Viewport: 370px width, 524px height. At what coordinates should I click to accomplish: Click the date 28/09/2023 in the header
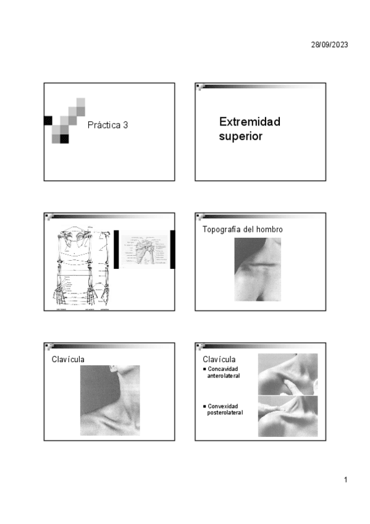click(x=329, y=44)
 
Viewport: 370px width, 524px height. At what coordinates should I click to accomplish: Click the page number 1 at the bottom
click(x=347, y=480)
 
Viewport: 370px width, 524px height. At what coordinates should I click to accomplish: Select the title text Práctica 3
click(x=107, y=125)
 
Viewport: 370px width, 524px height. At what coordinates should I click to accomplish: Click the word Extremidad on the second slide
click(x=250, y=121)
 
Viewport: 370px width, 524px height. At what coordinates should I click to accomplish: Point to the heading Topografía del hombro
click(x=243, y=229)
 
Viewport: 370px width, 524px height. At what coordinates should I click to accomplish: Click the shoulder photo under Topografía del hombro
click(x=258, y=269)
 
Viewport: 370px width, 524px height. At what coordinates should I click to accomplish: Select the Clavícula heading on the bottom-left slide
click(x=68, y=358)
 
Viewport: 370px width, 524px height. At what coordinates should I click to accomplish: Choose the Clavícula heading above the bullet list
click(x=219, y=359)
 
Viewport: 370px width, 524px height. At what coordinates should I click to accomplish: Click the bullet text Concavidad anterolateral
click(x=224, y=372)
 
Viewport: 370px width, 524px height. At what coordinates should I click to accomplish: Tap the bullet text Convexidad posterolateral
click(x=225, y=409)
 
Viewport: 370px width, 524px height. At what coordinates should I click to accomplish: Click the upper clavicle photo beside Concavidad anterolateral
click(x=287, y=374)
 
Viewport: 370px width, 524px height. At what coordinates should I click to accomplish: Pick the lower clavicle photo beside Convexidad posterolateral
click(x=287, y=416)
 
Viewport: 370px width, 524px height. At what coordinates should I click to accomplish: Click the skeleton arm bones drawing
click(x=80, y=268)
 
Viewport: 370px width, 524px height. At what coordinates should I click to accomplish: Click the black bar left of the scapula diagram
click(x=116, y=249)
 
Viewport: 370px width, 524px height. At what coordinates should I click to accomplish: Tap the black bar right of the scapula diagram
click(x=172, y=249)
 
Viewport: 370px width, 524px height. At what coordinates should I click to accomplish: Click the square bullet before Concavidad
click(x=204, y=369)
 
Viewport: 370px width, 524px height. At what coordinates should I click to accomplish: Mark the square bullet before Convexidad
click(x=204, y=406)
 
